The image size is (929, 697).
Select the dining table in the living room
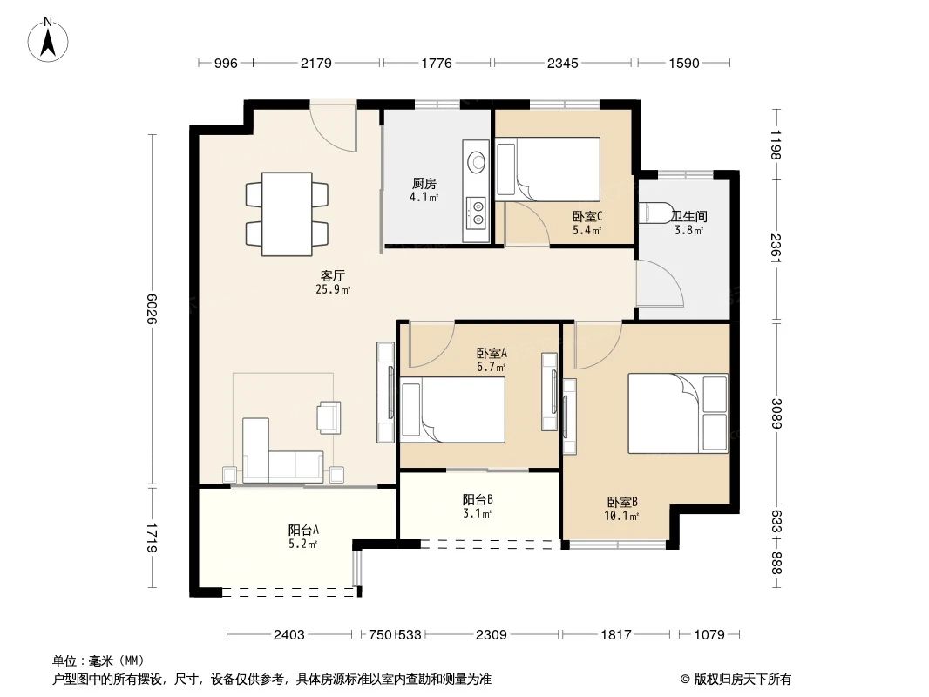point(287,213)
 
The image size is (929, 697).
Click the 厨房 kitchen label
point(424,184)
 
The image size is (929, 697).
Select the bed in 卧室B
point(677,414)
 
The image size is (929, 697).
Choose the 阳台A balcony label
point(303,530)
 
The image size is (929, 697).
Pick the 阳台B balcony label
point(478,500)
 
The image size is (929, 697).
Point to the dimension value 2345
point(565,64)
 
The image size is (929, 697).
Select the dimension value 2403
point(288,635)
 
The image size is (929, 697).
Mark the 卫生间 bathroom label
point(688,218)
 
